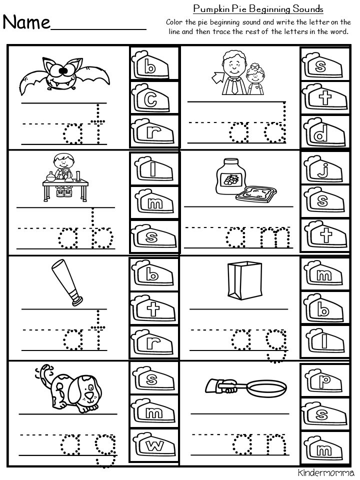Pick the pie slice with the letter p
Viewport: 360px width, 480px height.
pos(321,381)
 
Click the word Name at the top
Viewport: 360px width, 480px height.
pos(27,22)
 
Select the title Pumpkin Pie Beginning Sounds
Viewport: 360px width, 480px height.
pos(258,9)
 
